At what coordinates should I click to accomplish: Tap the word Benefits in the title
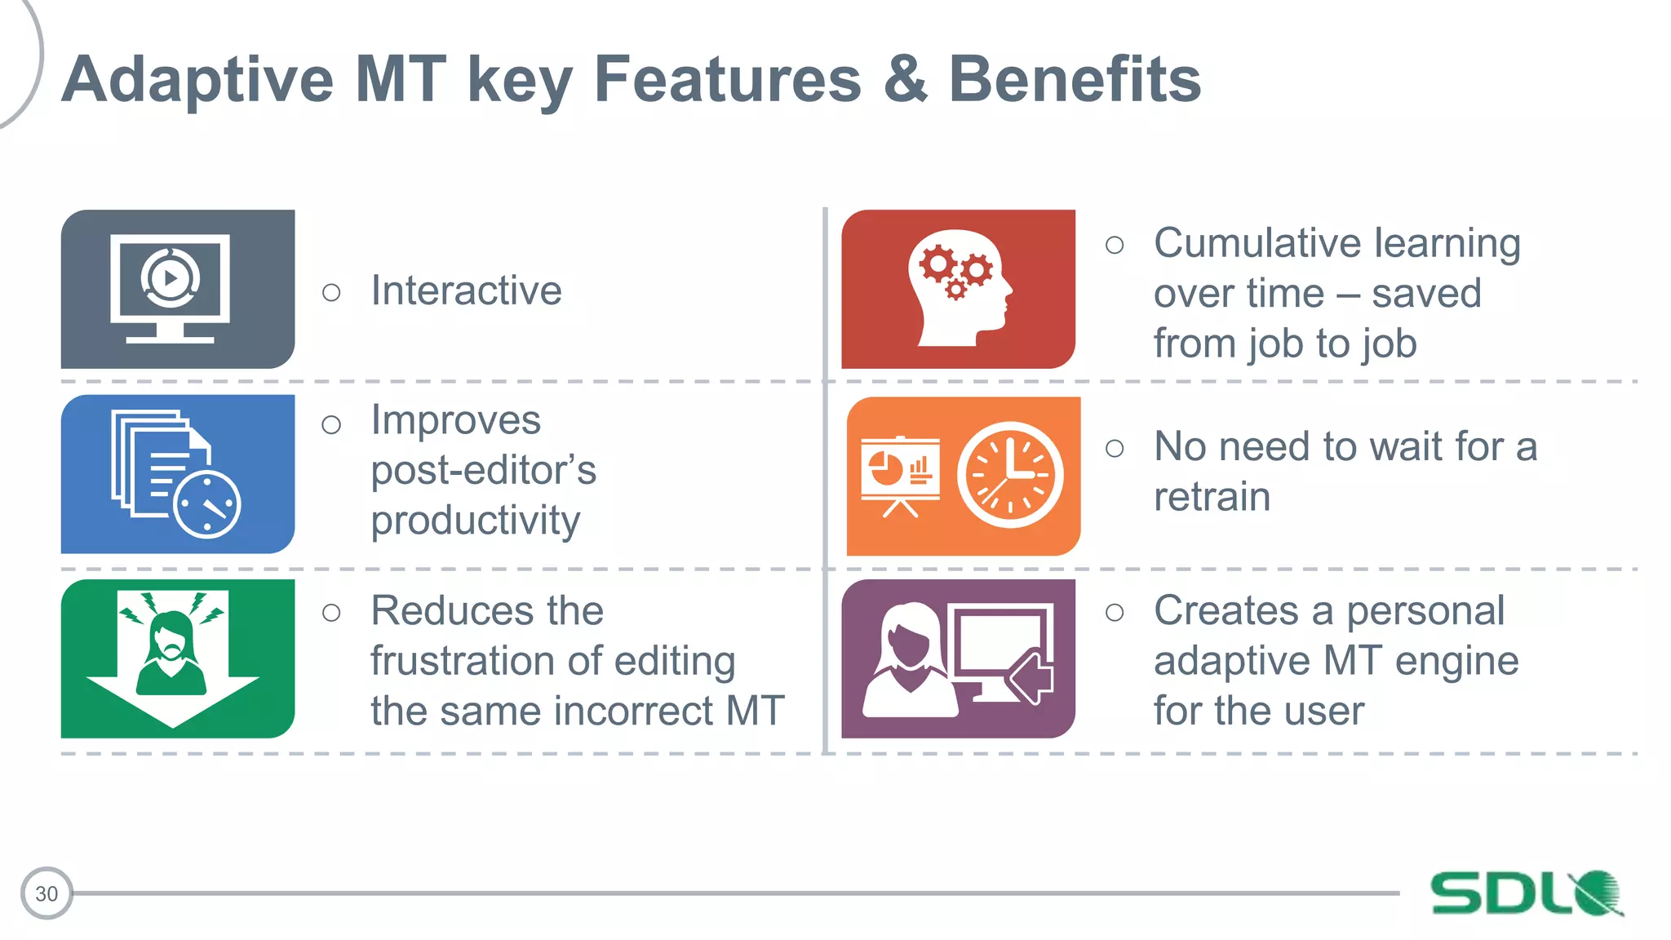1074,80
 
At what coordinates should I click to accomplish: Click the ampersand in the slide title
905,80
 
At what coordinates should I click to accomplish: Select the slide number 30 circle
47,893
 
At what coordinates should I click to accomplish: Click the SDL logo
1526,893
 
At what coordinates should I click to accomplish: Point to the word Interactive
466,290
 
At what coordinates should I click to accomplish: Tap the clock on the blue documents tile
207,504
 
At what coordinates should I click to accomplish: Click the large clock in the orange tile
1010,475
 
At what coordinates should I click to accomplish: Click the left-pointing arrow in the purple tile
1031,676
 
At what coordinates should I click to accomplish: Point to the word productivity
475,521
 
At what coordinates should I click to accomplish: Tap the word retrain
1212,497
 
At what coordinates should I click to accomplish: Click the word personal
1425,610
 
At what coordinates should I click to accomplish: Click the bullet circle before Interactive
331,292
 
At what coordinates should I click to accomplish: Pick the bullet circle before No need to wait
1115,448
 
